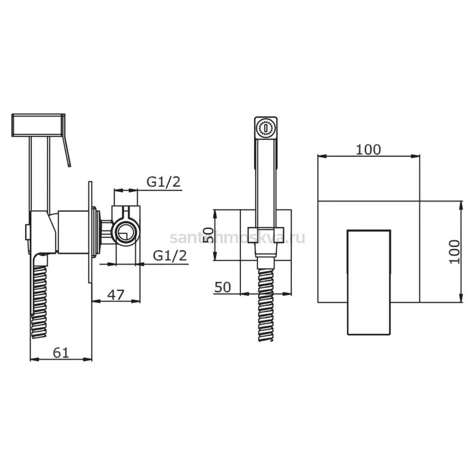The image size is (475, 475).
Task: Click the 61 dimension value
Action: tap(61, 353)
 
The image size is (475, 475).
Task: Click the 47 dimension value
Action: tap(116, 295)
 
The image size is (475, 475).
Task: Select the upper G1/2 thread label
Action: tap(163, 182)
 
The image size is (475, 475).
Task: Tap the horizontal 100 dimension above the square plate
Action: tap(368, 150)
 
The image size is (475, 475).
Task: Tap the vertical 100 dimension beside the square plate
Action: tap(454, 252)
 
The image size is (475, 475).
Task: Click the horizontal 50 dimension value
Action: tap(222, 287)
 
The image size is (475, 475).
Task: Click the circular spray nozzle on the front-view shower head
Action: tap(265, 128)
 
